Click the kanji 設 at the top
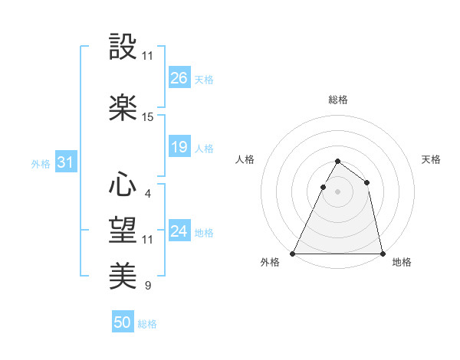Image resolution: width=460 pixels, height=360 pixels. click(x=123, y=47)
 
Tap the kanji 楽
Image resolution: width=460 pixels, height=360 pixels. click(x=123, y=107)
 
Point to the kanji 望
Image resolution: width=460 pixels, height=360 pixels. click(x=123, y=228)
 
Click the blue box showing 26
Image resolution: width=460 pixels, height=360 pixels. click(x=179, y=78)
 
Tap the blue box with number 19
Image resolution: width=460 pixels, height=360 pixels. click(x=179, y=147)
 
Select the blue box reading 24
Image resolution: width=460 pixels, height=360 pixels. click(x=179, y=231)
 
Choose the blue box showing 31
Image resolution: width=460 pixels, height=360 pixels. click(x=66, y=162)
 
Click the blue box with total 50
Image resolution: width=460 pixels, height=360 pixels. click(x=123, y=322)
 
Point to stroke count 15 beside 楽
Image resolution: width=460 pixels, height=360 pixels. click(x=148, y=117)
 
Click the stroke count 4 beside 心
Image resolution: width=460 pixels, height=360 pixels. click(x=147, y=193)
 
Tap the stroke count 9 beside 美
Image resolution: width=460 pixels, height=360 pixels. click(x=147, y=286)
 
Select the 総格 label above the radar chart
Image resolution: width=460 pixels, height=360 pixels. click(x=337, y=100)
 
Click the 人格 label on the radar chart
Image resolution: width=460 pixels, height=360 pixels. click(x=245, y=159)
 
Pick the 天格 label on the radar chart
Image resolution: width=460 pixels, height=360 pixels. click(x=431, y=159)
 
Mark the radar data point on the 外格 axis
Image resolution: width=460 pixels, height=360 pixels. click(x=293, y=253)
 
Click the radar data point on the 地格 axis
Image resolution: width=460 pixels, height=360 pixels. click(x=382, y=253)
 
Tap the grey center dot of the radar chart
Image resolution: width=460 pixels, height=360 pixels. click(x=337, y=191)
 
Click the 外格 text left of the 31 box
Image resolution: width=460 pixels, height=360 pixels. click(x=41, y=163)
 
